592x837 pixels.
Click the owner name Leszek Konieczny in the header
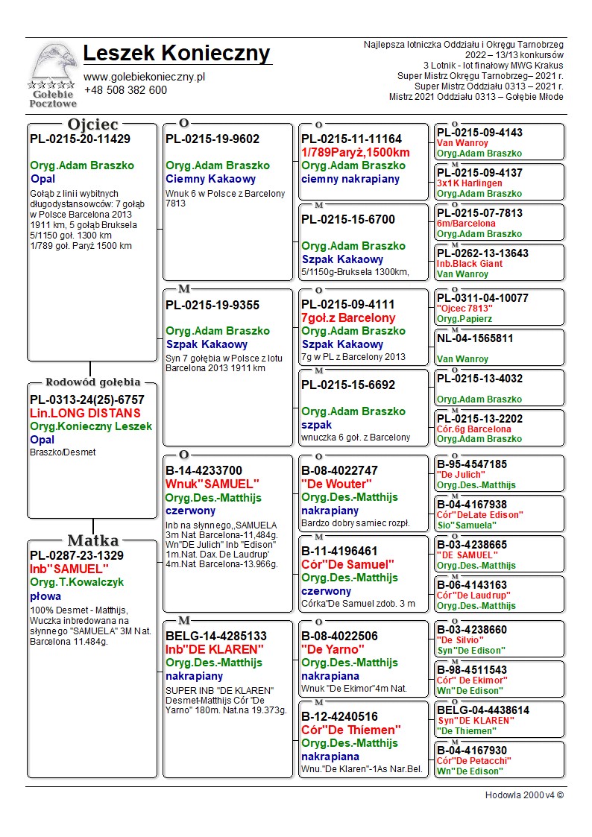point(177,54)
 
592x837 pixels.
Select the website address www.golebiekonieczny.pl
point(144,76)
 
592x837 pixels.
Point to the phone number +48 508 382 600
point(125,90)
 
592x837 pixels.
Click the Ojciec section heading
point(92,124)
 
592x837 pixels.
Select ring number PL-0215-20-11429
point(80,139)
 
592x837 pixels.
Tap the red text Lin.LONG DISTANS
point(85,413)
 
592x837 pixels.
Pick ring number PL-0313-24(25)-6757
point(87,399)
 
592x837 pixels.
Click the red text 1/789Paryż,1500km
point(356,153)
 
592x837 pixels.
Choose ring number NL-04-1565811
point(475,338)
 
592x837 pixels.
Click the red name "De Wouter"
point(332,484)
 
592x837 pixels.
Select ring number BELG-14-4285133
point(215,636)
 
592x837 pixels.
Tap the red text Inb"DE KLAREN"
point(215,649)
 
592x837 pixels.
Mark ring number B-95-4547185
point(471,464)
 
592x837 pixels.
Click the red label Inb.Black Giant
point(470,264)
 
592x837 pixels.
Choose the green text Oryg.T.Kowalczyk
point(77,582)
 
